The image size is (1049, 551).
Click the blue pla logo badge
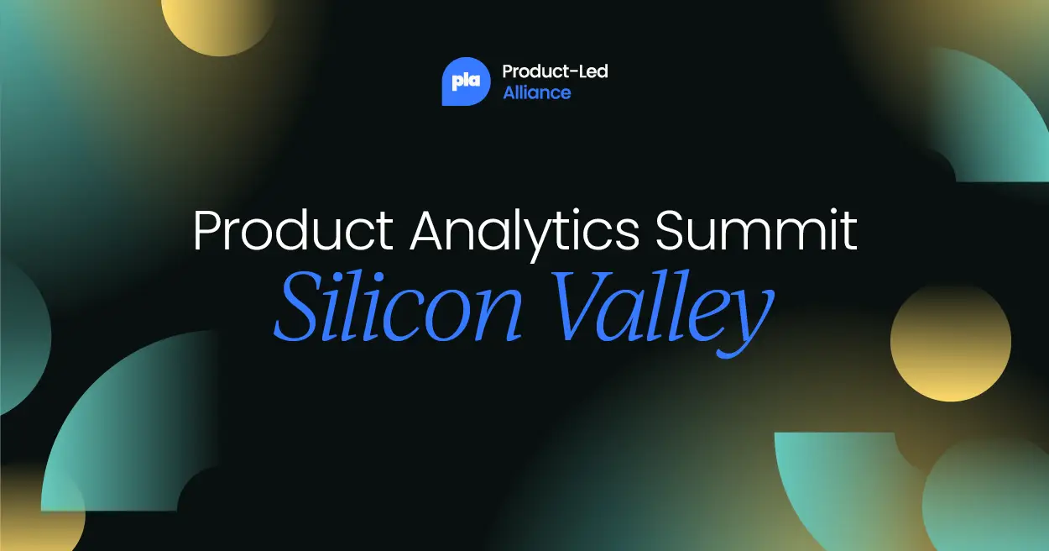pos(466,81)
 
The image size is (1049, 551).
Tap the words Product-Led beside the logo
pos(555,71)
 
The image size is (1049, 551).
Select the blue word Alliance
pos(536,93)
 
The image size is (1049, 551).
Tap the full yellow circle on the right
pos(950,341)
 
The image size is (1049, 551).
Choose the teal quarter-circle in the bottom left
pos(117,437)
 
